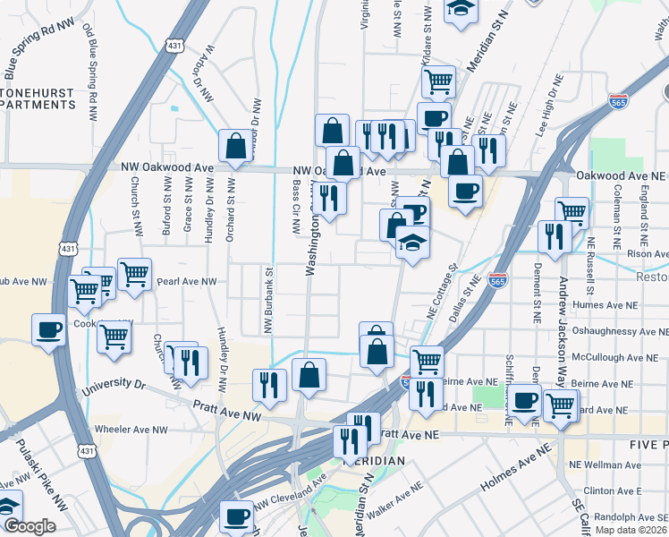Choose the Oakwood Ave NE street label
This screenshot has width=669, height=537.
point(622,176)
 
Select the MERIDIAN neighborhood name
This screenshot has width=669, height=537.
point(373,460)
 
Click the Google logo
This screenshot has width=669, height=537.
point(30,526)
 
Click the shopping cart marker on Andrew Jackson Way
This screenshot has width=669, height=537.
point(572,213)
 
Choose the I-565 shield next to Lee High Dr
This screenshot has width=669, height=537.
point(618,101)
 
